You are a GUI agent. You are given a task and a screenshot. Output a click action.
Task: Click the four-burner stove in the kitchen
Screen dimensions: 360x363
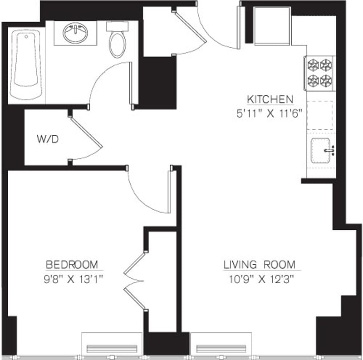coord(320,73)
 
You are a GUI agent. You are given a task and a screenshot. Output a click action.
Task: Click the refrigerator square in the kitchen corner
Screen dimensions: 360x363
coord(272,25)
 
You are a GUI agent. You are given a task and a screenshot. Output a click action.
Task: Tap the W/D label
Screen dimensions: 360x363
coord(48,139)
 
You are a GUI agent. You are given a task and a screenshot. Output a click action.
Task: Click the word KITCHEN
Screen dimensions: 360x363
coord(269,99)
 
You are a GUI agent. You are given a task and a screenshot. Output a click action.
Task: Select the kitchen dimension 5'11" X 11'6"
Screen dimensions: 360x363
coord(269,113)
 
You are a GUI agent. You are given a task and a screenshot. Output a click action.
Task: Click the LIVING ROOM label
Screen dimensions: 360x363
coord(259,265)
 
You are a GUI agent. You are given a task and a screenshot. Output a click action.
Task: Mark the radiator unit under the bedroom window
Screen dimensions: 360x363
coord(112,348)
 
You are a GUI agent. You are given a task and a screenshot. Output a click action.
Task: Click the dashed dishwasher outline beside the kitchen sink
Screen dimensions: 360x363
coord(320,115)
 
